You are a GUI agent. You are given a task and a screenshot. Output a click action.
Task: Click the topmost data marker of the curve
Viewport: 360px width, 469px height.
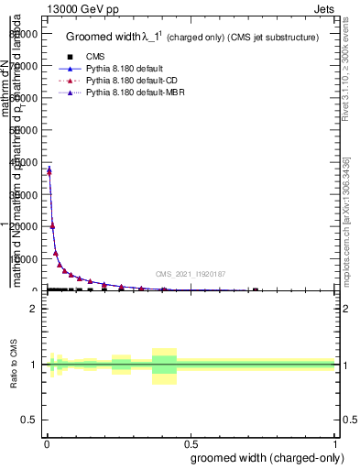(49, 169)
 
